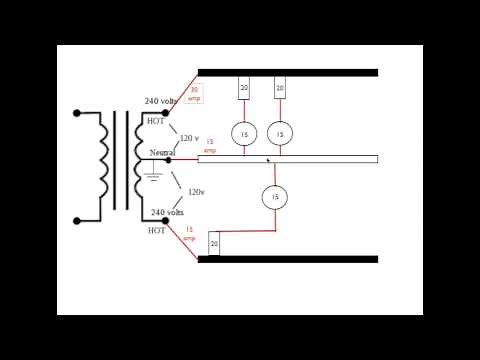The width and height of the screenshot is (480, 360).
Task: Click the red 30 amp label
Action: point(194,94)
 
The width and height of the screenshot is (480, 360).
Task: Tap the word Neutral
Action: point(162,152)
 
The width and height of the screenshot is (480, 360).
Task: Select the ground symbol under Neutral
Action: point(153,177)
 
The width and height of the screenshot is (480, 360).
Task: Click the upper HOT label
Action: point(156,121)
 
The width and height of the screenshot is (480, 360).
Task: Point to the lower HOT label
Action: point(157,230)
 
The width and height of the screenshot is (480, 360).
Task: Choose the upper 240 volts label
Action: point(161,101)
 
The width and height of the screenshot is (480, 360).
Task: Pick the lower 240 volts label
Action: point(167,212)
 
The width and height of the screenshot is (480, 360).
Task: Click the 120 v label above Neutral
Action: point(189,138)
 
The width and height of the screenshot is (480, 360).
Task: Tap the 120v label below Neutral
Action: point(196,191)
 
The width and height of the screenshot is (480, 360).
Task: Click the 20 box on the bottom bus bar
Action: point(214,244)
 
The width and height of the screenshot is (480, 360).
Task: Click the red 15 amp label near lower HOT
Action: point(189,235)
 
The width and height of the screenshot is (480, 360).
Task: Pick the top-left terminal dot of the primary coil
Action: point(77,113)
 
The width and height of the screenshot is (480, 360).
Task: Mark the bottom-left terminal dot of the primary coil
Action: point(77,220)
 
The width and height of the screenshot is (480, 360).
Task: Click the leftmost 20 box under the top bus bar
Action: point(244,89)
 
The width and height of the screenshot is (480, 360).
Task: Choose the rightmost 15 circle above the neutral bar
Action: point(279,133)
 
